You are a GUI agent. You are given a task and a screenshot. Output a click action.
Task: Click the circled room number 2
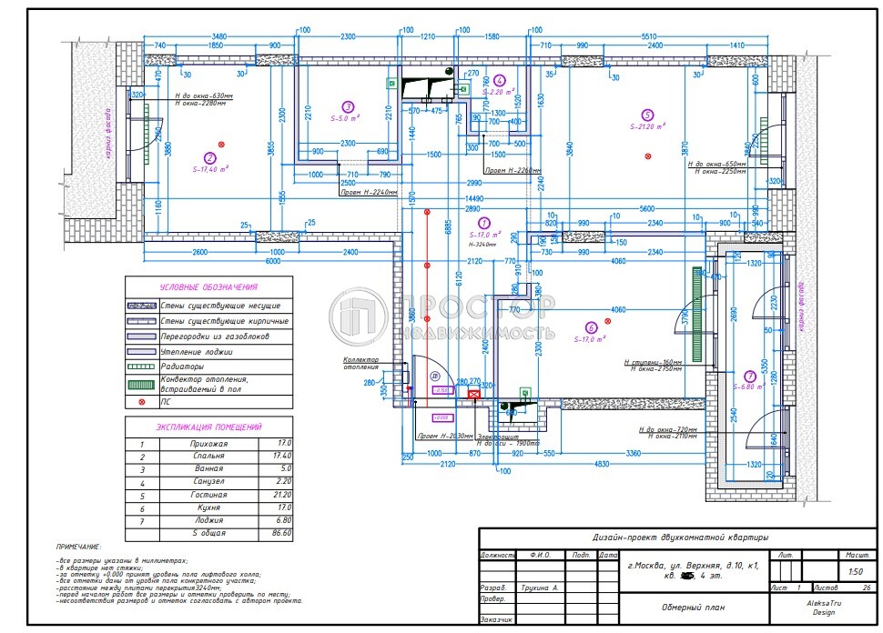tap(209, 157)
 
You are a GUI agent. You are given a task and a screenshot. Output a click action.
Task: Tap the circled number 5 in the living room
tap(647, 115)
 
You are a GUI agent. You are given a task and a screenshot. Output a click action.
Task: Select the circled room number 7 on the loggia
tap(748, 375)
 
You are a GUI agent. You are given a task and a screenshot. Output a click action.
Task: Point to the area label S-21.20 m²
tap(647, 127)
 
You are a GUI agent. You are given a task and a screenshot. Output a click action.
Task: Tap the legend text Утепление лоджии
tap(197, 352)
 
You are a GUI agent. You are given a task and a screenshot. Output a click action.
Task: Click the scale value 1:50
tap(855, 572)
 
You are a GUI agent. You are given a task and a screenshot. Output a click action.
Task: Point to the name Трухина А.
tap(540, 588)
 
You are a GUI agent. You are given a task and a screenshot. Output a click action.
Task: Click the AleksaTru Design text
tap(822, 607)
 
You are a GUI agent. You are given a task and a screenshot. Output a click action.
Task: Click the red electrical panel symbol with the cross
tap(473, 394)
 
